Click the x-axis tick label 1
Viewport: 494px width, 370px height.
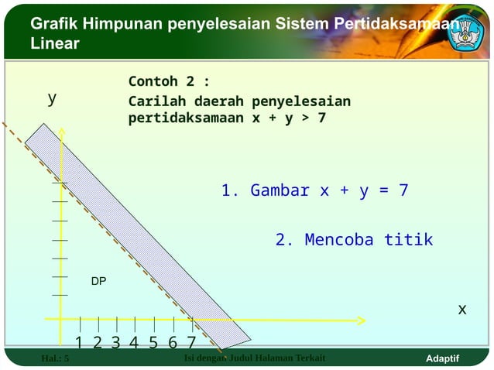[80, 342]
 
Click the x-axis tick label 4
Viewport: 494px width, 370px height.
[134, 342]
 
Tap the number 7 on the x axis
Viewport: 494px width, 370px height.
[190, 342]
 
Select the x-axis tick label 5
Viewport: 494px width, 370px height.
[153, 342]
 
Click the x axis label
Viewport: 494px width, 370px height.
[461, 309]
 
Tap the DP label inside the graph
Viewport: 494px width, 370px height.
[98, 282]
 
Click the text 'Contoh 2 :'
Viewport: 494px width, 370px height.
[169, 81]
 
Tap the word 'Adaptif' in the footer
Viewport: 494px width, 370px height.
[443, 358]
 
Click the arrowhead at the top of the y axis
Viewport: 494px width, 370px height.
[60, 126]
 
